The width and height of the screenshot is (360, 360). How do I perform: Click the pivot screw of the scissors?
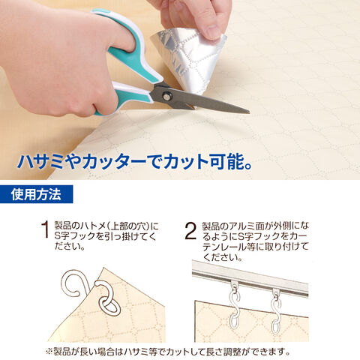[166, 95]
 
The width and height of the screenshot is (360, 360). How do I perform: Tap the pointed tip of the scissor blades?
[249, 112]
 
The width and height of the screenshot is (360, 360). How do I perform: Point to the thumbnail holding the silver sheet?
[212, 31]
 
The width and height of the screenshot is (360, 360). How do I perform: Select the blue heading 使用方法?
[36, 194]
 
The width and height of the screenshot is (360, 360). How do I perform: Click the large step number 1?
[45, 229]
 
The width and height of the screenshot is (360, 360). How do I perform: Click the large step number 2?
[190, 231]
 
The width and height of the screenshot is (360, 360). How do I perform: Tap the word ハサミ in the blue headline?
[40, 162]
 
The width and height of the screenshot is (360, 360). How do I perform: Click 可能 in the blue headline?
[226, 162]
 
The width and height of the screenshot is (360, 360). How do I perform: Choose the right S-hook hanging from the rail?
[276, 312]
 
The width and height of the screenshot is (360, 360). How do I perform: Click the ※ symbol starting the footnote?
[49, 352]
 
